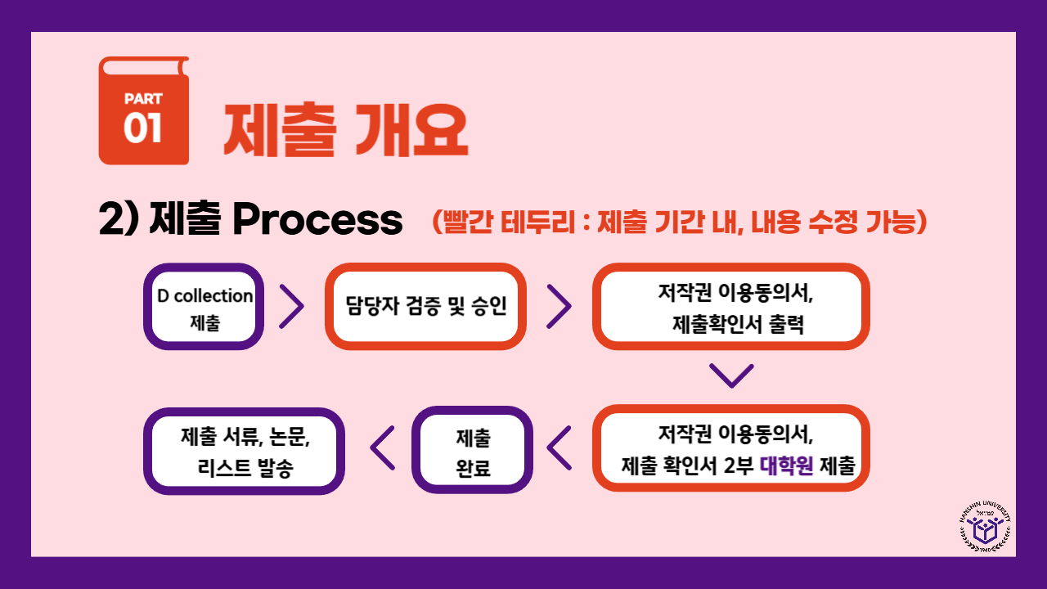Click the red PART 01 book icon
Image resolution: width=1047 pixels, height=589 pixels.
coord(144,110)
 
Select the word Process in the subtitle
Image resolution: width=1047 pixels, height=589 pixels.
coord(317,220)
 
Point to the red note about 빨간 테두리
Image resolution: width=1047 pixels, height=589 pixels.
coord(679,221)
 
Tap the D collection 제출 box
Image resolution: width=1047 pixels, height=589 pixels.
coord(204,307)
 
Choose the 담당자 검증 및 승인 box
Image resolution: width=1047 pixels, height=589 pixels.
coord(425,307)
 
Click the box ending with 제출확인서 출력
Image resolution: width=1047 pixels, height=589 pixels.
coord(730,307)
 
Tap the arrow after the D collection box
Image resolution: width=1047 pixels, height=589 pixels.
coord(291,307)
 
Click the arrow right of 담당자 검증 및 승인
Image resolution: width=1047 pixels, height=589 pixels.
coord(559,307)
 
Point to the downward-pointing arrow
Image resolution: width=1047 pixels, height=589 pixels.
coord(730,375)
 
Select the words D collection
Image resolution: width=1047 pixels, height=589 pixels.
coord(204,296)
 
